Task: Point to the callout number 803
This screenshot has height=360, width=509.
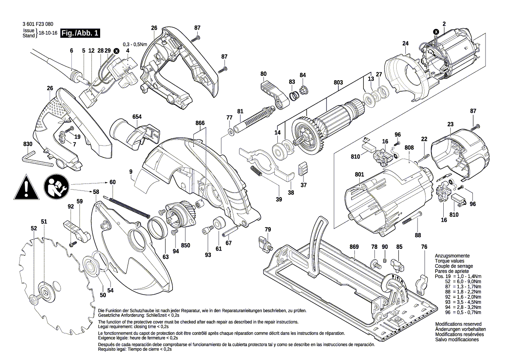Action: [338, 83]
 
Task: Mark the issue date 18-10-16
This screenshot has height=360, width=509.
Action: [48, 34]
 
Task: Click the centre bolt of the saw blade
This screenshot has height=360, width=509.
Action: [35, 299]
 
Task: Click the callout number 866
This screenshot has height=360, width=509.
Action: [200, 123]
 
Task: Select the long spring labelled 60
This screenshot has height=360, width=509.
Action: [128, 207]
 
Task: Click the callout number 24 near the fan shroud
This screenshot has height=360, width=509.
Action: [405, 43]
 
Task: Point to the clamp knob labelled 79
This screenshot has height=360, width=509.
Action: [264, 242]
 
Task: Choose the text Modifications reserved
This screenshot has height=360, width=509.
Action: [458, 324]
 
